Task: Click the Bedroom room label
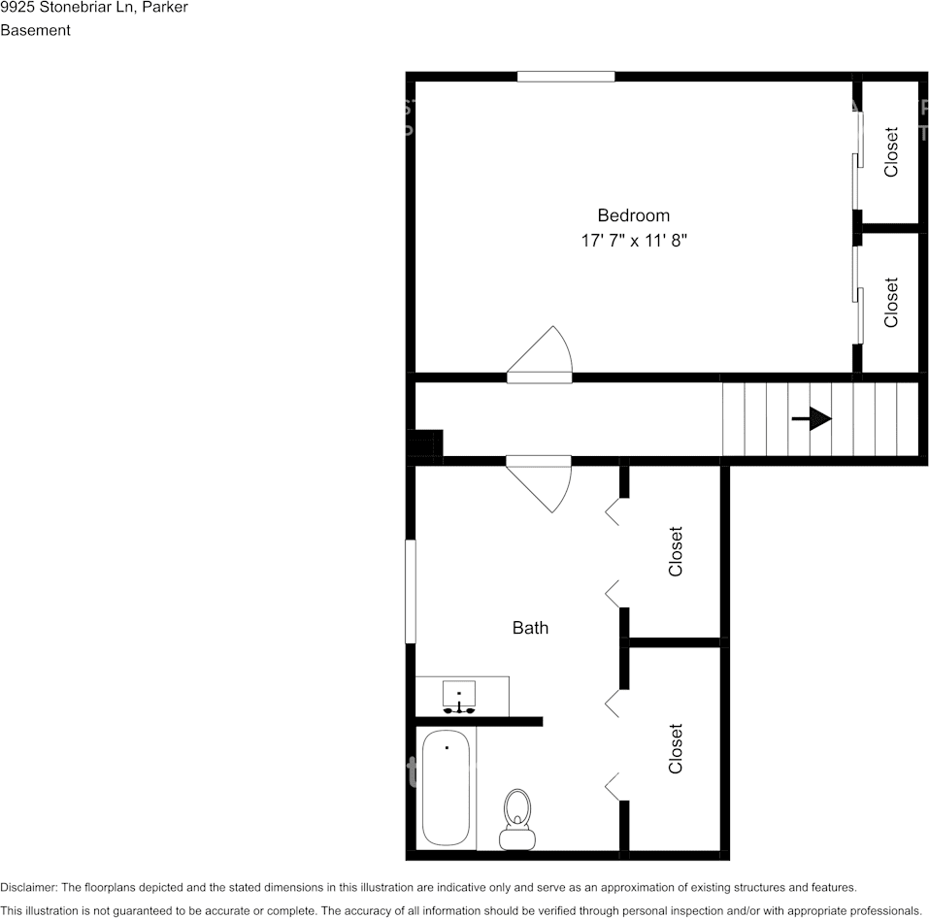coord(633,215)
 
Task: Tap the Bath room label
coord(530,628)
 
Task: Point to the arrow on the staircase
coord(812,418)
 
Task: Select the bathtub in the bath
coord(447,788)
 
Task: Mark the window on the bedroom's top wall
coord(566,77)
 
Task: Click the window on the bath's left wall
coord(411,591)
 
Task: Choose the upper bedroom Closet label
coord(891,152)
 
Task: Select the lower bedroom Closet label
coord(891,302)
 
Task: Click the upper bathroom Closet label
coord(676,551)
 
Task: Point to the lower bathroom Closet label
coord(676,748)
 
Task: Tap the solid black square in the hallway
coord(425,444)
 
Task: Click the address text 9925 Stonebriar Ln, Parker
coord(94,8)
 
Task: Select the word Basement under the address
coord(35,30)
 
